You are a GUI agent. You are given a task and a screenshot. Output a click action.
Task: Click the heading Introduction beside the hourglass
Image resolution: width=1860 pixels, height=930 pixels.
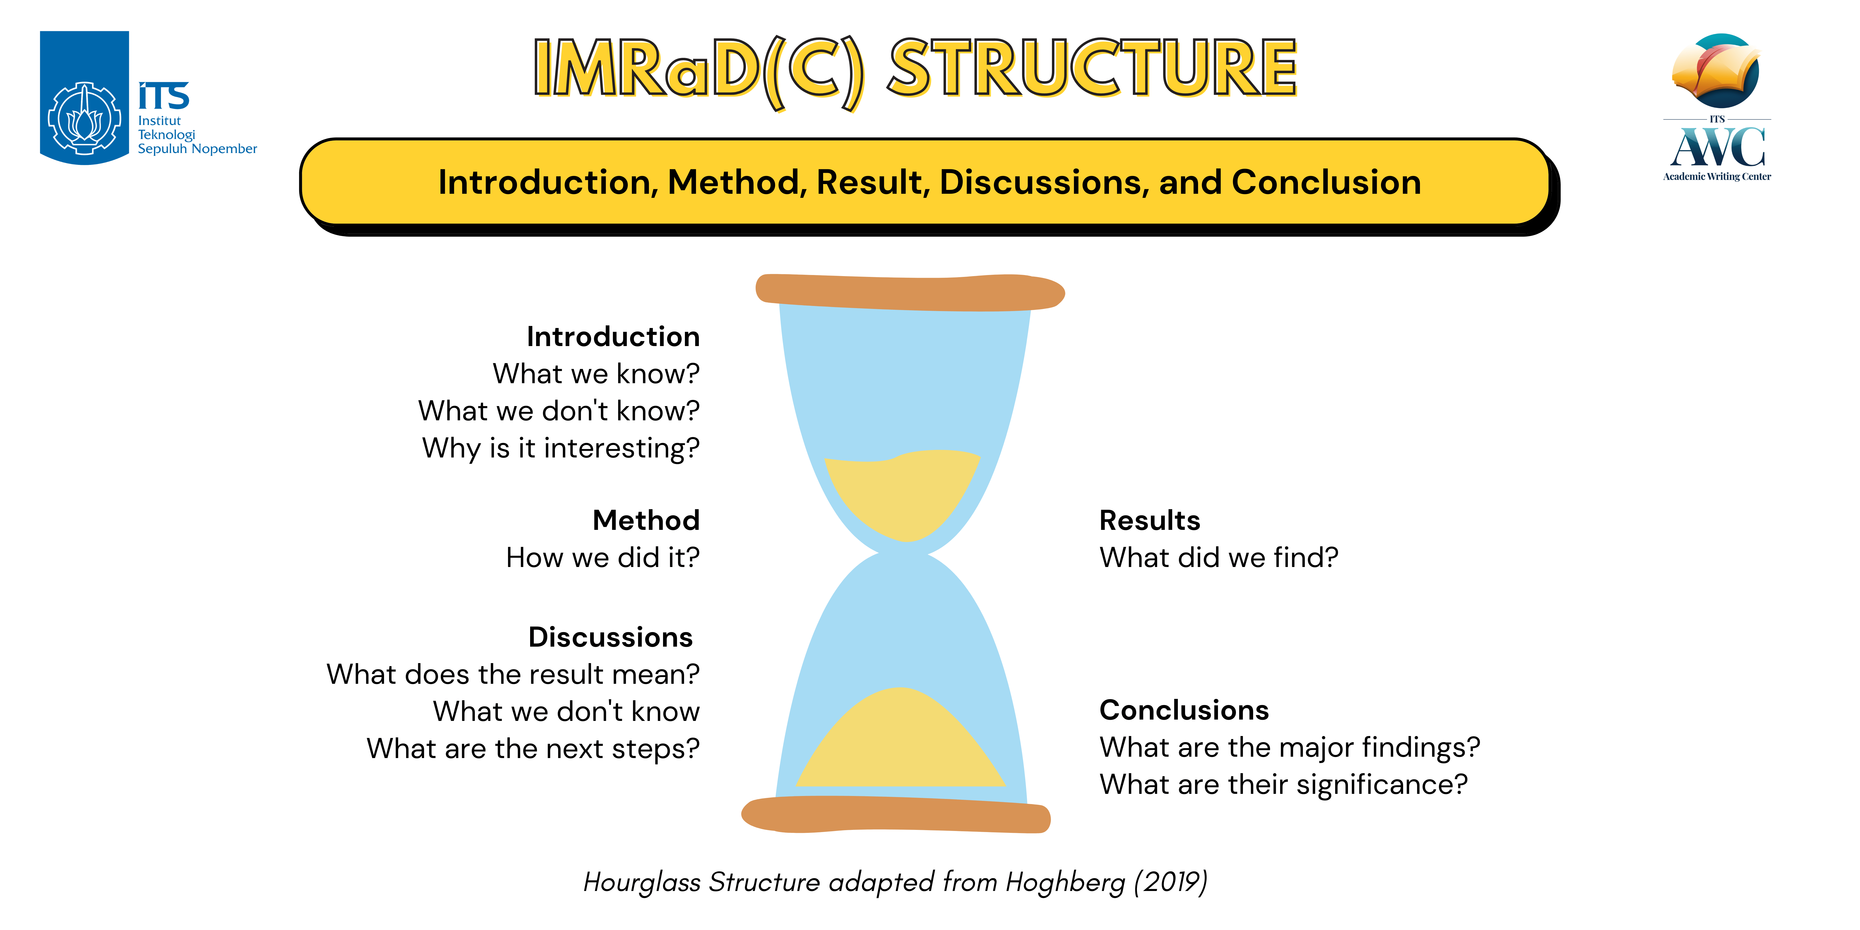pyautogui.click(x=613, y=336)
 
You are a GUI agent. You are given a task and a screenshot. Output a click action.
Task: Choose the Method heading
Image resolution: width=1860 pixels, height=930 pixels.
pyautogui.click(x=646, y=520)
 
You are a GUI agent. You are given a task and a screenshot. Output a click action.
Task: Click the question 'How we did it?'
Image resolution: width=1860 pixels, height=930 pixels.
pyautogui.click(x=603, y=557)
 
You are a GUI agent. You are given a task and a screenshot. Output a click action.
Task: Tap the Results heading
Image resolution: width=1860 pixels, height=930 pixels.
pyautogui.click(x=1150, y=520)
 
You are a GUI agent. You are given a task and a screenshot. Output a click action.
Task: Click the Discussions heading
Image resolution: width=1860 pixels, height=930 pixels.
pyautogui.click(x=611, y=637)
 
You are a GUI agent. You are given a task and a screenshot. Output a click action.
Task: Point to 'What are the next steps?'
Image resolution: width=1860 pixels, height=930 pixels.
pyautogui.click(x=534, y=749)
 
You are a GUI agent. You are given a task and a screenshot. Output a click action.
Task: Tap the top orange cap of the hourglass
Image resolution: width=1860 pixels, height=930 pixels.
pyautogui.click(x=910, y=293)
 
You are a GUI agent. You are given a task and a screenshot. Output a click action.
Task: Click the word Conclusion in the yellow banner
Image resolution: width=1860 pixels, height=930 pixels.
pyautogui.click(x=1326, y=182)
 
